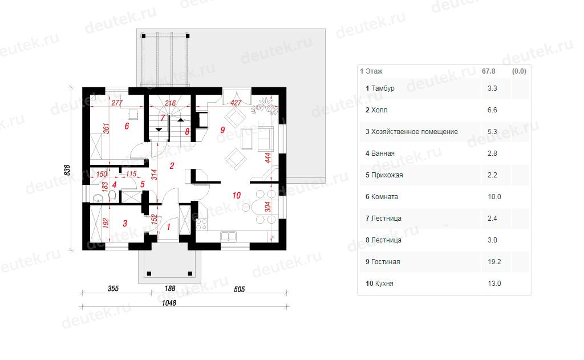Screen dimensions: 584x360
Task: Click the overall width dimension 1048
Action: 169,303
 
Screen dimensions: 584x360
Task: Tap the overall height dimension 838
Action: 67,170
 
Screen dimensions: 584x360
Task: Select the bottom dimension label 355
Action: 113,289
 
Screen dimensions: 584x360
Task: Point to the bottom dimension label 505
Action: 239,289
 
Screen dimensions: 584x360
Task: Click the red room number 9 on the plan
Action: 222,130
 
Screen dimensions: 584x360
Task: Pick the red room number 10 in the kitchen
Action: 237,195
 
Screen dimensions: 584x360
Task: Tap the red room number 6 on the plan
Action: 127,126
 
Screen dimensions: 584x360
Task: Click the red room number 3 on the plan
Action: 125,223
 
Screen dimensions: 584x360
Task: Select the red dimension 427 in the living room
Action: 236,103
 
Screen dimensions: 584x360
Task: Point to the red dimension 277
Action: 116,103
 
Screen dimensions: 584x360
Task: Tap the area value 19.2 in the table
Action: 494,262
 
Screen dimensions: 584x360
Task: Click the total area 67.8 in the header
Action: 488,71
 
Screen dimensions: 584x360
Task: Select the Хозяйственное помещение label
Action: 415,132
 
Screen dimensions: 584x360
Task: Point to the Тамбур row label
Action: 383,88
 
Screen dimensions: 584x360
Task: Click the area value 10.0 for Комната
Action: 494,197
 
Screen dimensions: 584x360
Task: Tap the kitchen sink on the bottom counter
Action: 228,236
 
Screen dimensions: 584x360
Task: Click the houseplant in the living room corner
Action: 265,106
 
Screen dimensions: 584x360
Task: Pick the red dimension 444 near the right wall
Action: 268,158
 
